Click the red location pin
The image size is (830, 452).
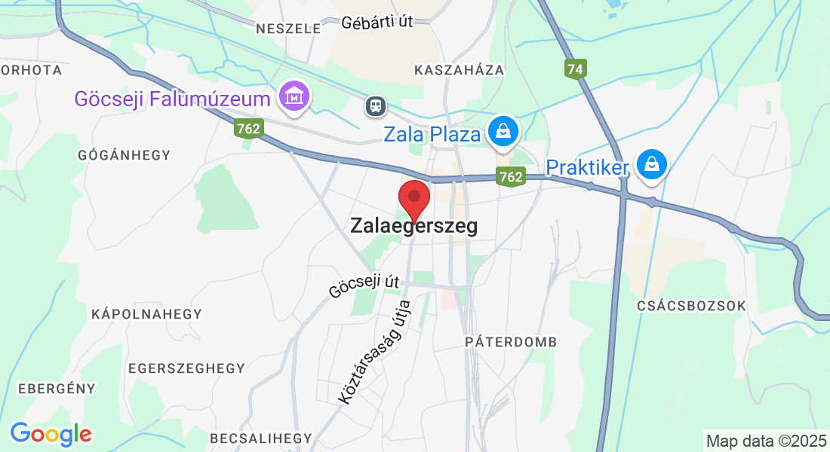[x=413, y=199]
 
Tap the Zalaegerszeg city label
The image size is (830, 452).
[x=413, y=226]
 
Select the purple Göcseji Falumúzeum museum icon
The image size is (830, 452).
[x=294, y=97]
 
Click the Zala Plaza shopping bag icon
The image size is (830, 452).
[x=502, y=132]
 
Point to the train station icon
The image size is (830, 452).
[x=375, y=106]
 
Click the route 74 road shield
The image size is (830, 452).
[x=575, y=69]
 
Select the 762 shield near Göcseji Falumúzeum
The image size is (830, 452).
[x=247, y=129]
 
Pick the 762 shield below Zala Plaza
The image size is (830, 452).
[x=511, y=177]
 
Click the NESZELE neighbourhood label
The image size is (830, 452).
[x=288, y=29]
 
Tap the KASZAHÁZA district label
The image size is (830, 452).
[x=459, y=70]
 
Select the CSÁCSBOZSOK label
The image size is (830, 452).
[x=691, y=306]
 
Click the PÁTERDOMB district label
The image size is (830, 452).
[x=511, y=342]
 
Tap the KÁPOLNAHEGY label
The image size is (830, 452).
[x=146, y=313]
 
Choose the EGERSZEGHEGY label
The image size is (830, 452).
[x=186, y=368]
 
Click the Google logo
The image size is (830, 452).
[x=51, y=434]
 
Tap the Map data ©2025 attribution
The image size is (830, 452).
[x=765, y=441]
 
